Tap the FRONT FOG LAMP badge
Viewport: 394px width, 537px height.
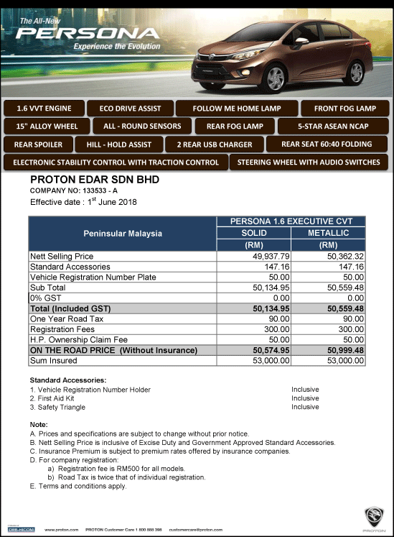click(344, 109)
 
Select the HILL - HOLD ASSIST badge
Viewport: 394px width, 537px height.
click(118, 144)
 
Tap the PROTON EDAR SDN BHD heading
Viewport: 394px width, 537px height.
click(94, 180)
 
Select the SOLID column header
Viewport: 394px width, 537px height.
click(253, 233)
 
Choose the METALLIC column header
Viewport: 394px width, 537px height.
click(328, 233)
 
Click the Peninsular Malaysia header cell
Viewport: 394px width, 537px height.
click(122, 234)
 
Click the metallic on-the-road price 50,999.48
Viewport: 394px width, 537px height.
click(343, 350)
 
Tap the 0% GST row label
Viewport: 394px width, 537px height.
click(42, 298)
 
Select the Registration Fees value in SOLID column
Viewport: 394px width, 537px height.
click(276, 329)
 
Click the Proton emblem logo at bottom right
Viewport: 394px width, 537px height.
click(373, 517)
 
